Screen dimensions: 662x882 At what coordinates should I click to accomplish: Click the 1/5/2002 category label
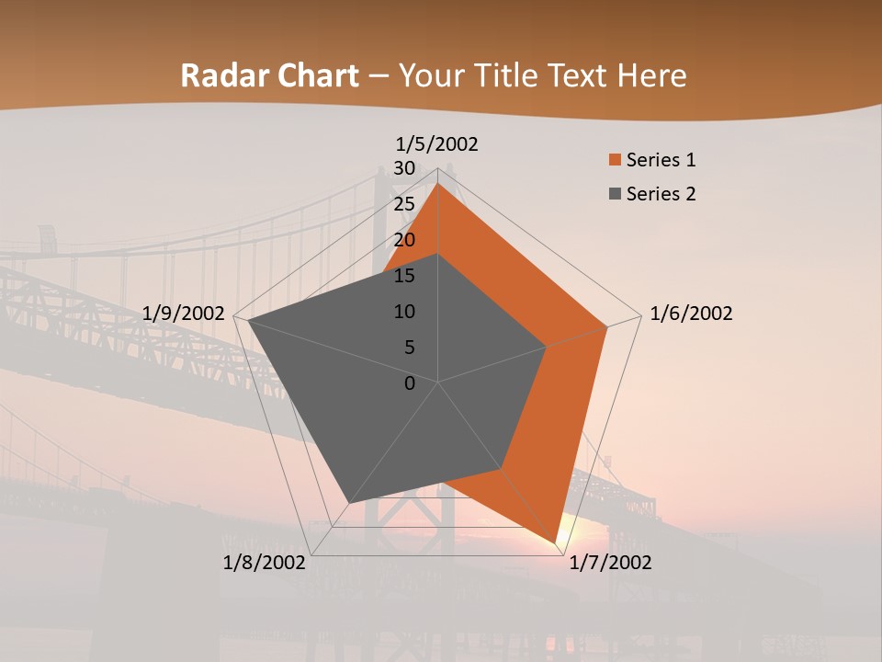pos(437,143)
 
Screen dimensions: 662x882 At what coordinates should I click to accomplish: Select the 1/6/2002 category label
pos(691,314)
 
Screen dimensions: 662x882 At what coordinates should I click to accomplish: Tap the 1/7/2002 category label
pos(610,563)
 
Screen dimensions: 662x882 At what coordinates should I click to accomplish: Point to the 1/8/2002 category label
pos(265,563)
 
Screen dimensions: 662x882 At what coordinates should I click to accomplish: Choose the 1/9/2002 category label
pos(184,314)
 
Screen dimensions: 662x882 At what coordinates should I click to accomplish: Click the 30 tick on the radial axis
pos(404,168)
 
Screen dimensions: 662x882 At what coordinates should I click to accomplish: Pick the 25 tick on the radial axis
pos(404,204)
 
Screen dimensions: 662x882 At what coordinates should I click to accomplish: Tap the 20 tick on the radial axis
pos(404,240)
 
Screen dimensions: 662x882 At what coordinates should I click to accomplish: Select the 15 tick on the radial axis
pos(404,276)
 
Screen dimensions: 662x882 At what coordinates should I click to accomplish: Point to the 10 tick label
pos(404,312)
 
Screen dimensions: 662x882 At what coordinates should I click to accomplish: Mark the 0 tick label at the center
pos(410,383)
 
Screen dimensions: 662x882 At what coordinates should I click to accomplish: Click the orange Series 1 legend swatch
pos(615,160)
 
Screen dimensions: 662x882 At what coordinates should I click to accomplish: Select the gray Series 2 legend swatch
pos(615,194)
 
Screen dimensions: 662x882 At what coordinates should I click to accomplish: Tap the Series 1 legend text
pos(661,160)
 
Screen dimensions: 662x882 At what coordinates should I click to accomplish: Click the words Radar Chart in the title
pos(270,75)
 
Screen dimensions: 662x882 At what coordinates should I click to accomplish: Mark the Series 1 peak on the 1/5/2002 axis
pos(437,184)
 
